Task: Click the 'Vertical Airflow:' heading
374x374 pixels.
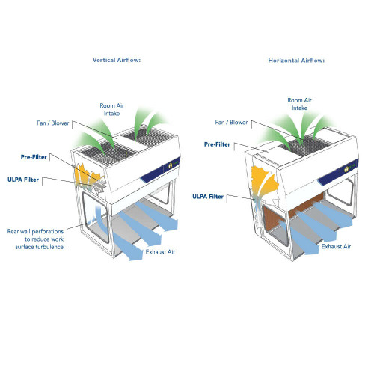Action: [117, 60]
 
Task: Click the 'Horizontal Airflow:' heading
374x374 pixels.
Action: [296, 61]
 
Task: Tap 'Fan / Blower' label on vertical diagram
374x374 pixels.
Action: [53, 123]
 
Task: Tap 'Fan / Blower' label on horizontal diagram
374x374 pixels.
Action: [231, 123]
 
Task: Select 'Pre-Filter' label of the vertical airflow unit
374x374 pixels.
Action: [34, 157]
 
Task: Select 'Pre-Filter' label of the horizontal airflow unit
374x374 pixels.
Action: [217, 144]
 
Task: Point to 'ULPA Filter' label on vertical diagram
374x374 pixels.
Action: [23, 180]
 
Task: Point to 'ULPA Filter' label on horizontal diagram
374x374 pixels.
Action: [208, 197]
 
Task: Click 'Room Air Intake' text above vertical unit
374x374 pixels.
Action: [112, 109]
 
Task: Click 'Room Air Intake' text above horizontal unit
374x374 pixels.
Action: [299, 104]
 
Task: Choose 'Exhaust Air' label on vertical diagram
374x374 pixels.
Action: [160, 252]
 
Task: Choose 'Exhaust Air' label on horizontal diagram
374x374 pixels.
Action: [336, 246]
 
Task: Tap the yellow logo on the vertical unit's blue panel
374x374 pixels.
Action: [171, 165]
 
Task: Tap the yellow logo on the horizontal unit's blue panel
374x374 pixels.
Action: [347, 169]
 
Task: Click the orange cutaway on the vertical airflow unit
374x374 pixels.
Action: [85, 174]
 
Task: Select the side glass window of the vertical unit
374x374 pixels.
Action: [96, 216]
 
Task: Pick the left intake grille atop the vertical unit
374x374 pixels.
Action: [106, 152]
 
